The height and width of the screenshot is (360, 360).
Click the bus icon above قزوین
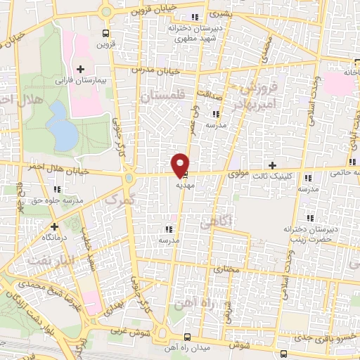pos(105,32)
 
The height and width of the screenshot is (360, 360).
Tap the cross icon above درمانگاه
pos(54,226)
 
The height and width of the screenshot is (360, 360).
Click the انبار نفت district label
pos(49,261)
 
